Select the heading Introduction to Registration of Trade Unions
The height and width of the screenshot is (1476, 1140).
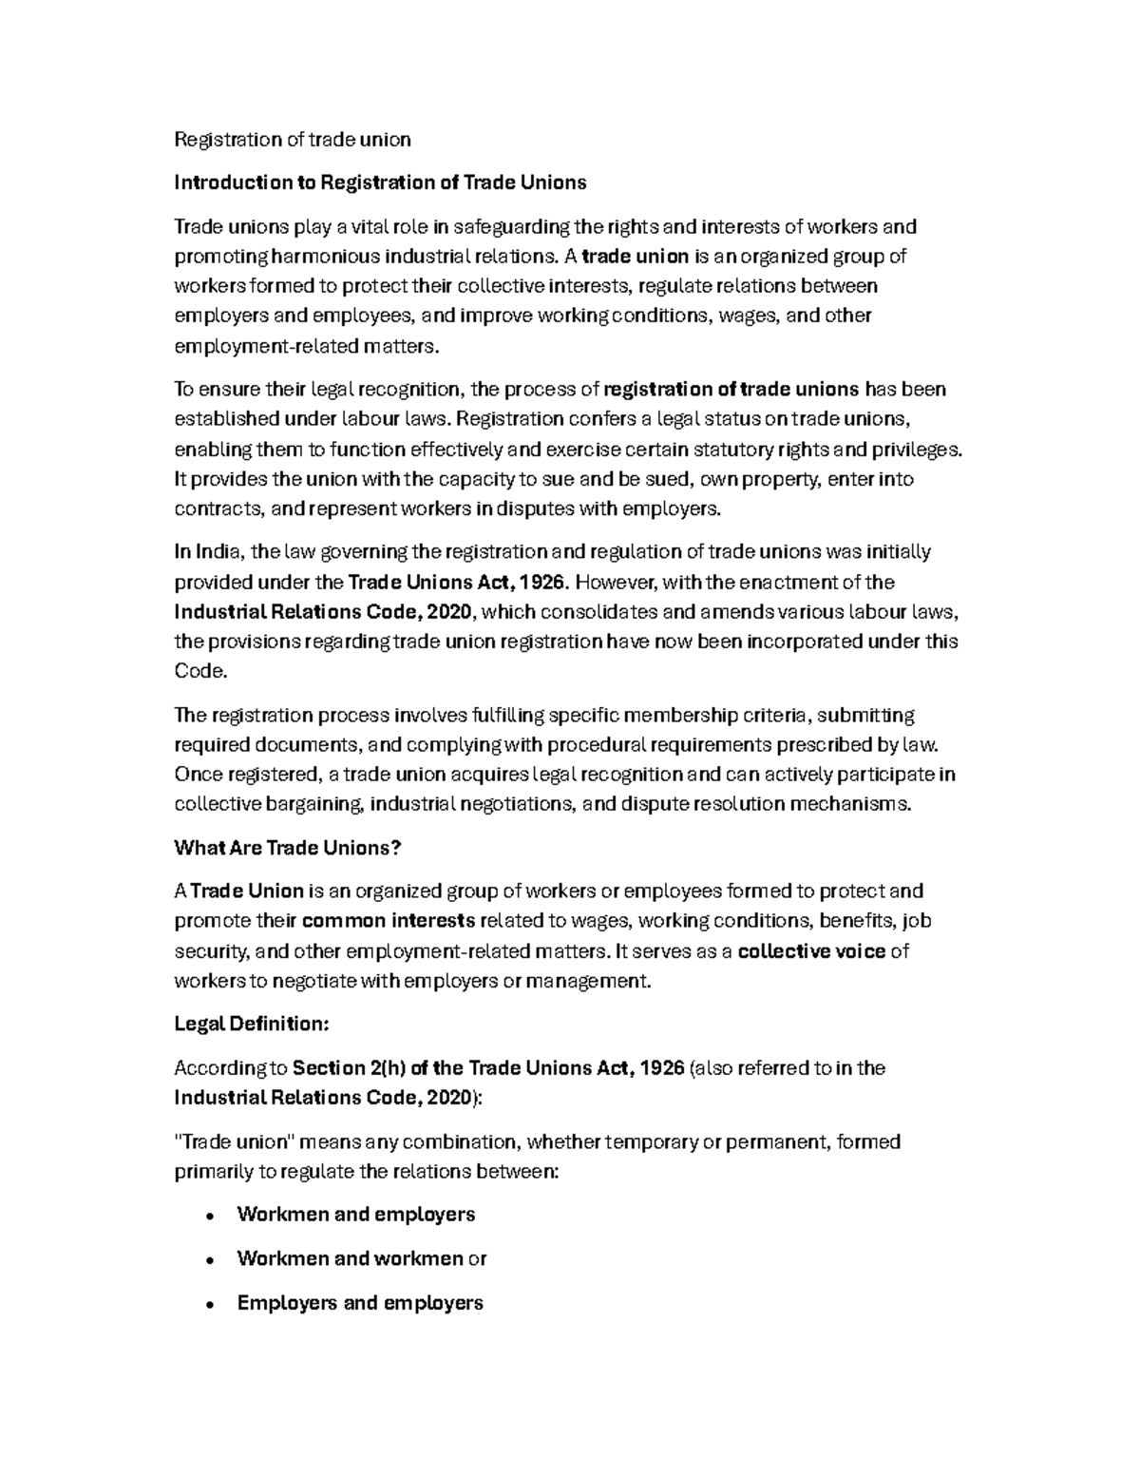tap(380, 182)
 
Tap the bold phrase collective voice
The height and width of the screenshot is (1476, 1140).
tap(811, 951)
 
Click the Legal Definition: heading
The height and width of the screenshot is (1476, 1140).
tap(252, 1025)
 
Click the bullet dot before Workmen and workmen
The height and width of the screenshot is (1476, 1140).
tap(208, 1260)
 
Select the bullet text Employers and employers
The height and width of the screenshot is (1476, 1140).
tap(360, 1303)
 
